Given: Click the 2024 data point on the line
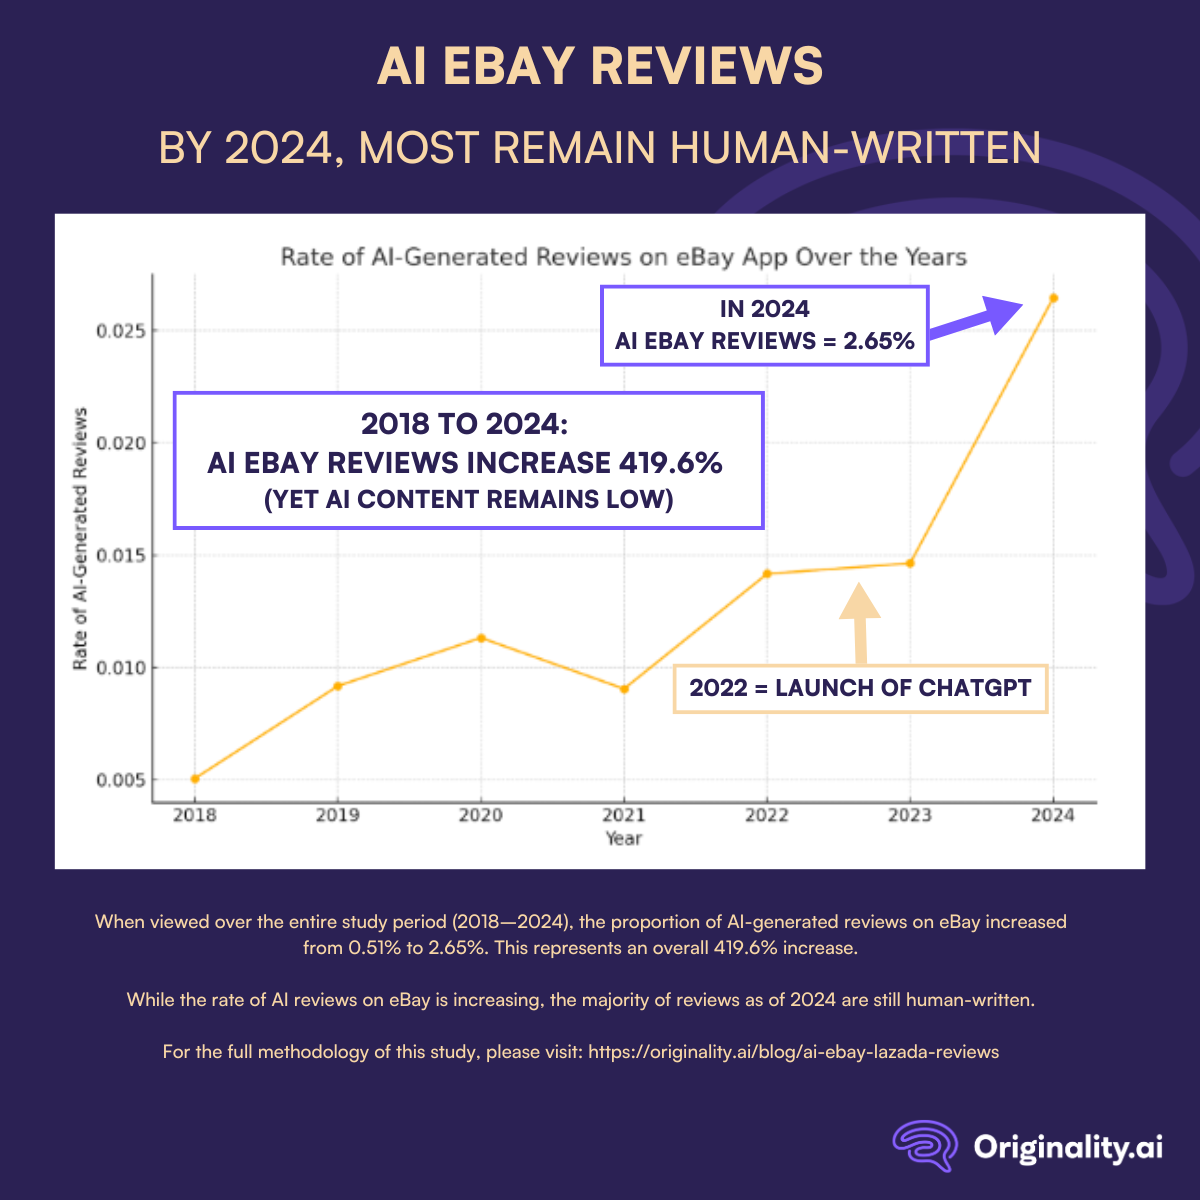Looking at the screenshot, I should [1053, 298].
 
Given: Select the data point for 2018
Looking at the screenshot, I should [195, 779].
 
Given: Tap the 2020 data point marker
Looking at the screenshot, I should [481, 638].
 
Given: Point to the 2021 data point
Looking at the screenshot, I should [624, 689].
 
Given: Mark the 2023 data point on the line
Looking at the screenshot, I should [910, 563].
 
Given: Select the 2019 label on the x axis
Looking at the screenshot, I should [338, 815].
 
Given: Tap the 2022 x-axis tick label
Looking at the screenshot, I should [767, 815].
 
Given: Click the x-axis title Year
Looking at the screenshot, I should [624, 838].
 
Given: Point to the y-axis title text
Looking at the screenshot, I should [81, 539].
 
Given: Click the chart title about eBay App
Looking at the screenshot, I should [623, 257].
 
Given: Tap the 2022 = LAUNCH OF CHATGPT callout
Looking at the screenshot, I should [860, 688].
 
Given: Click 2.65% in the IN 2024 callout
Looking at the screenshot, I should [879, 341].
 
